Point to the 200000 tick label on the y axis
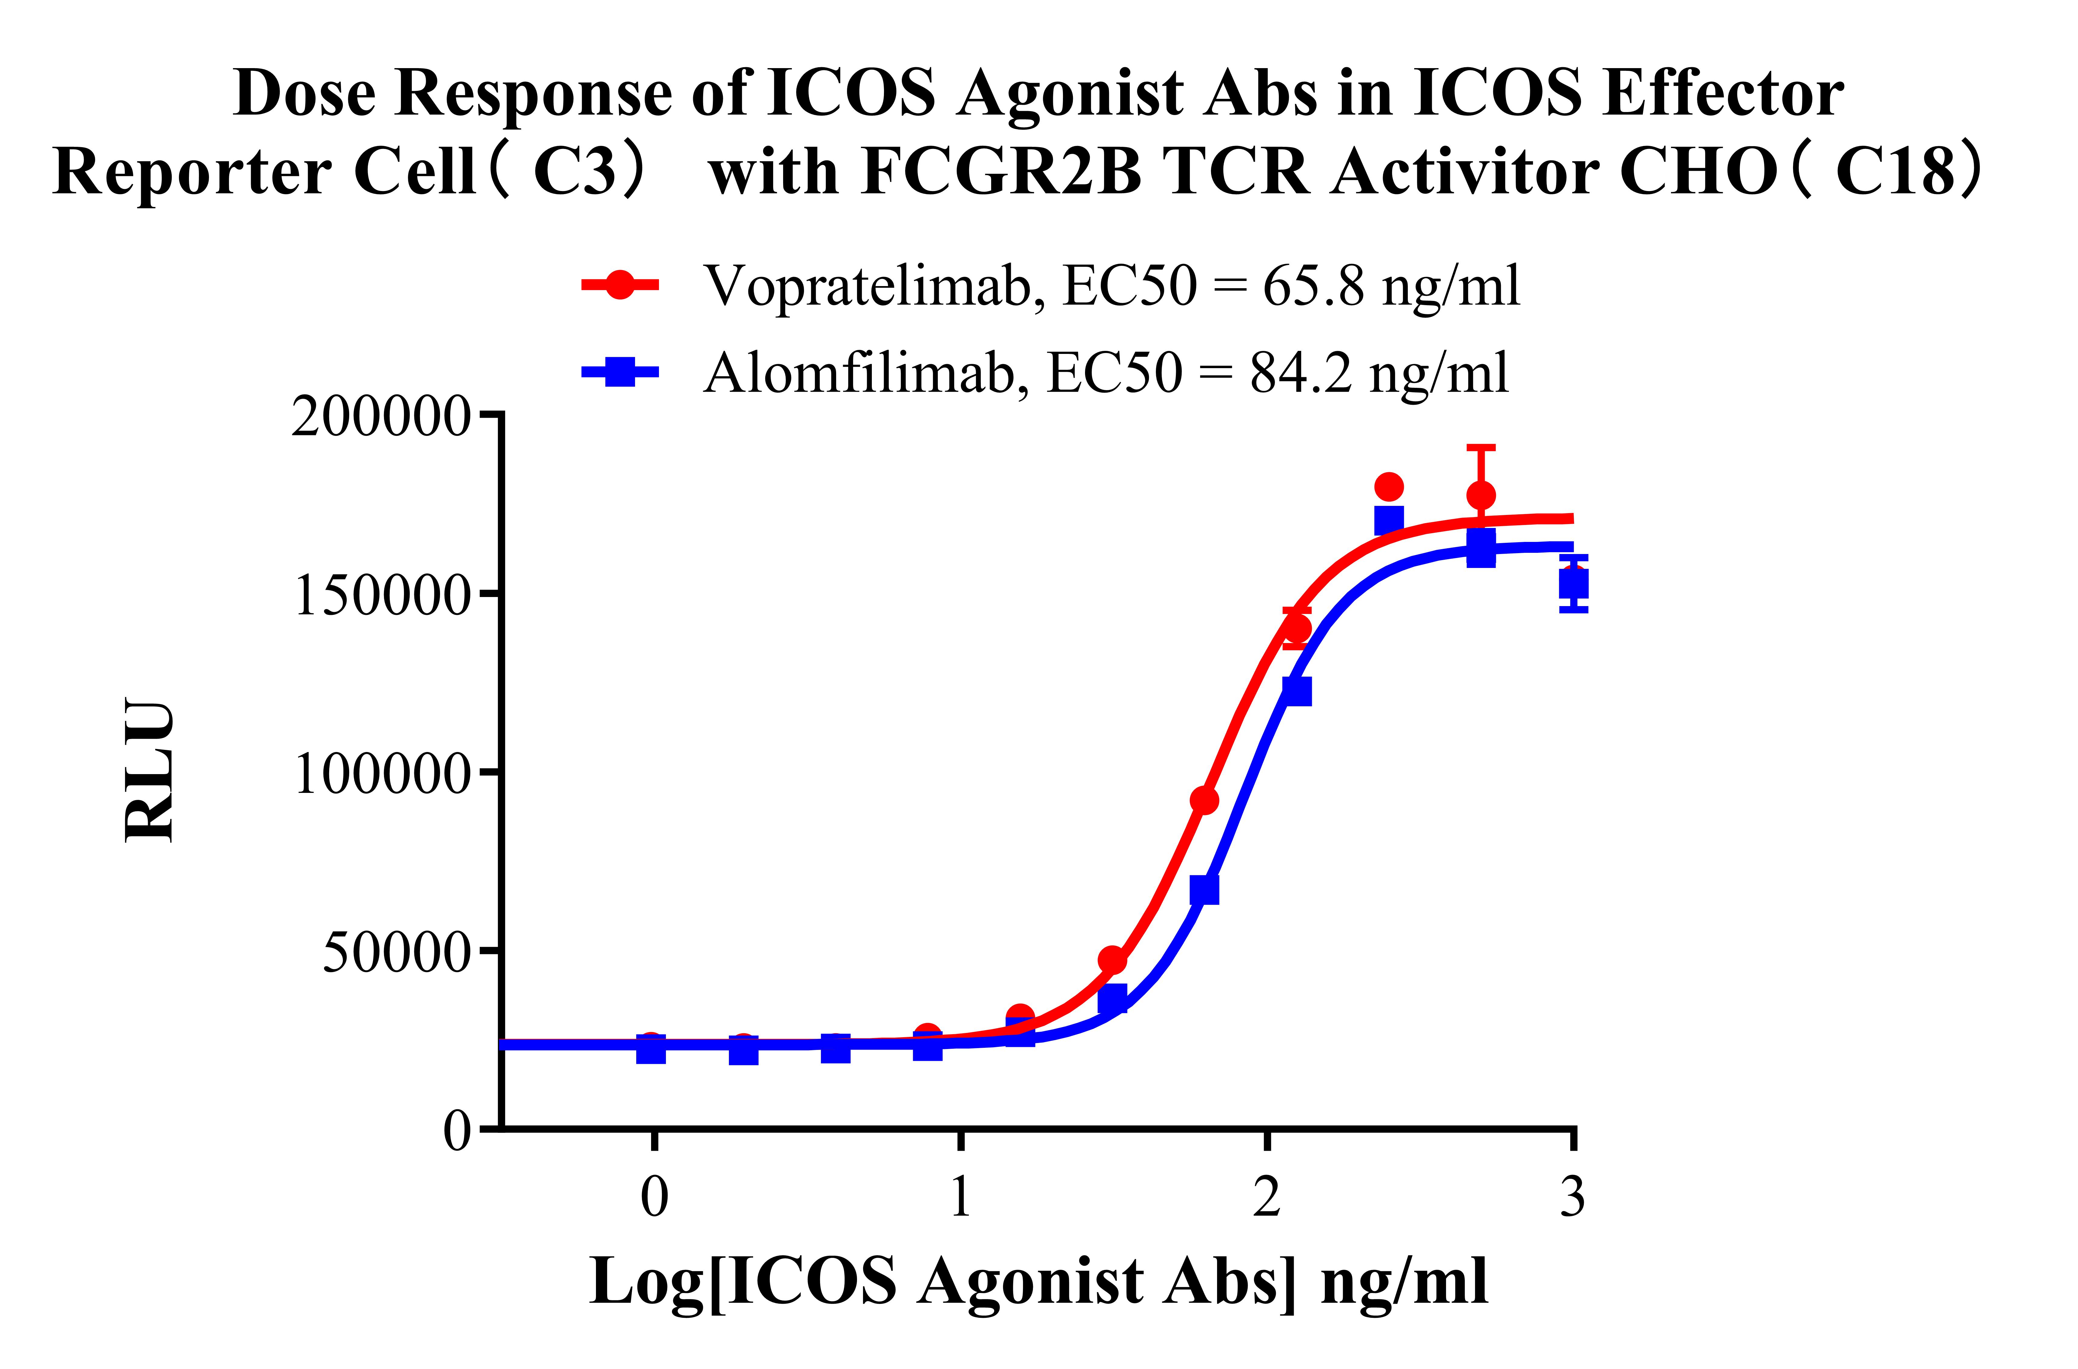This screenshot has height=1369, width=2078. [382, 417]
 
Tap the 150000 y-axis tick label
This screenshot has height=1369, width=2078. [382, 596]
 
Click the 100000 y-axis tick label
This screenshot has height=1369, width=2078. [382, 774]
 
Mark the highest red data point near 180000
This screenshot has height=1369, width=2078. [1388, 486]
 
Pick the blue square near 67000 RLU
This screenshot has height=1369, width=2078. [1204, 890]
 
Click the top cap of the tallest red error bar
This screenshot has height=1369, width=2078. [1481, 448]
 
